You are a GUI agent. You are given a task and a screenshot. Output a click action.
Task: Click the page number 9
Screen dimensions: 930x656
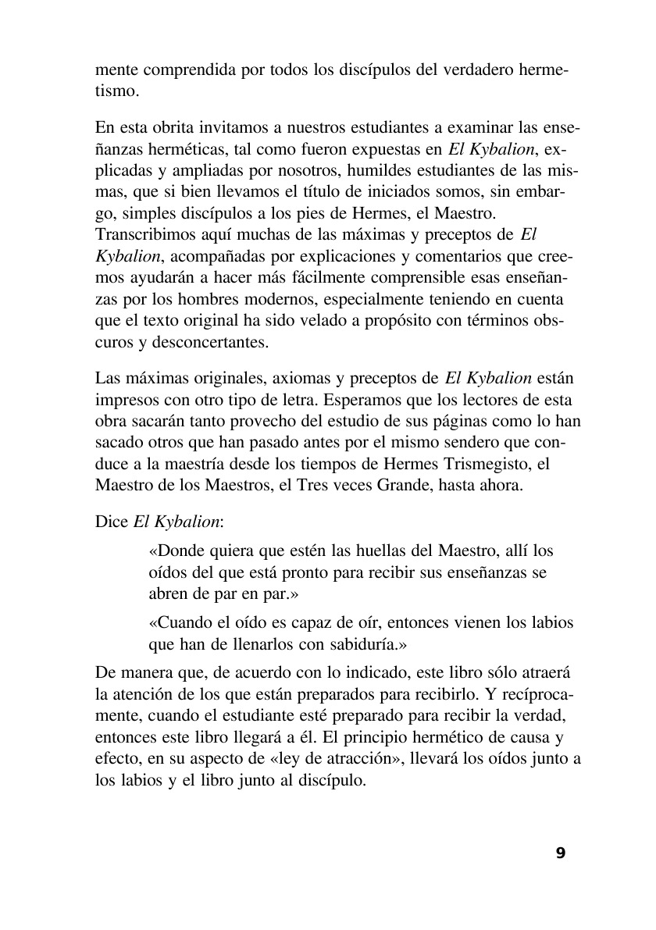[560, 853]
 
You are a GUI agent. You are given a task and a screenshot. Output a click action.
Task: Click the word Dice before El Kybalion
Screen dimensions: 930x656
[110, 522]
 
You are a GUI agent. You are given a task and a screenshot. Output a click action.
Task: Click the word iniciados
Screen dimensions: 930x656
[356, 191]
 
